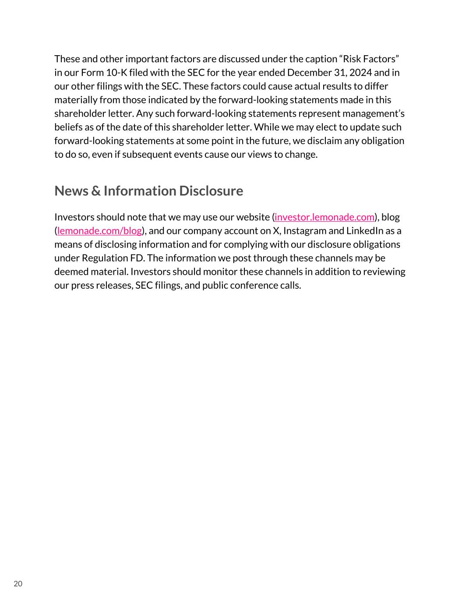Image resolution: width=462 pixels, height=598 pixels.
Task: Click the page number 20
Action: click(18, 584)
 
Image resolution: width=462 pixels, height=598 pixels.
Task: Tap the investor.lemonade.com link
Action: click(324, 217)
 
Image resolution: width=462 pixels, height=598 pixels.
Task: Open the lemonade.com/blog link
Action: click(99, 231)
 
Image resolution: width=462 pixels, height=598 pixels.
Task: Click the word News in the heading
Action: click(71, 191)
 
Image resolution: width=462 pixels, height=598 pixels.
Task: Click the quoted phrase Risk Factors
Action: click(368, 59)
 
